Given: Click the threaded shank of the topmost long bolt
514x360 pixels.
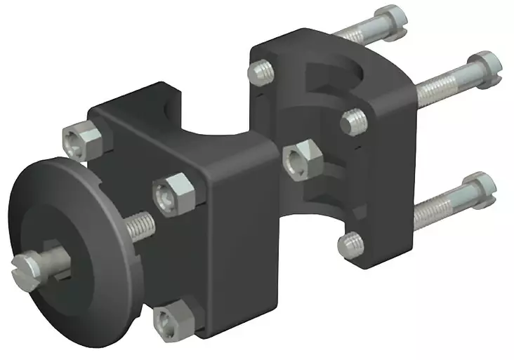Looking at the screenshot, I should pyautogui.click(x=351, y=34).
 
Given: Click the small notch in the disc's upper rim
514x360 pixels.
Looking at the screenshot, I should pyautogui.click(x=91, y=185).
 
